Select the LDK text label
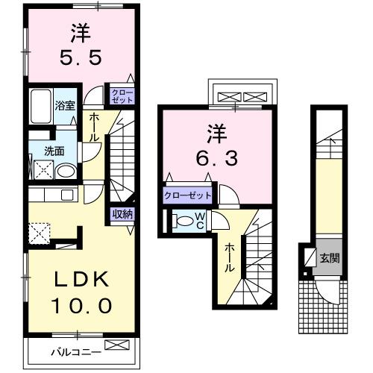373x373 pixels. (x=81, y=281)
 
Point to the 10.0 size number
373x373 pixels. (x=82, y=305)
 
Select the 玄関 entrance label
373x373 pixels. (x=330, y=259)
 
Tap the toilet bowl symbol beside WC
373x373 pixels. (x=182, y=221)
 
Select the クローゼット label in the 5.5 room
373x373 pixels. (x=122, y=95)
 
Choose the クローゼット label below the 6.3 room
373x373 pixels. (x=188, y=196)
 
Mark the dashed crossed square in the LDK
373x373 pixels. (x=39, y=233)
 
